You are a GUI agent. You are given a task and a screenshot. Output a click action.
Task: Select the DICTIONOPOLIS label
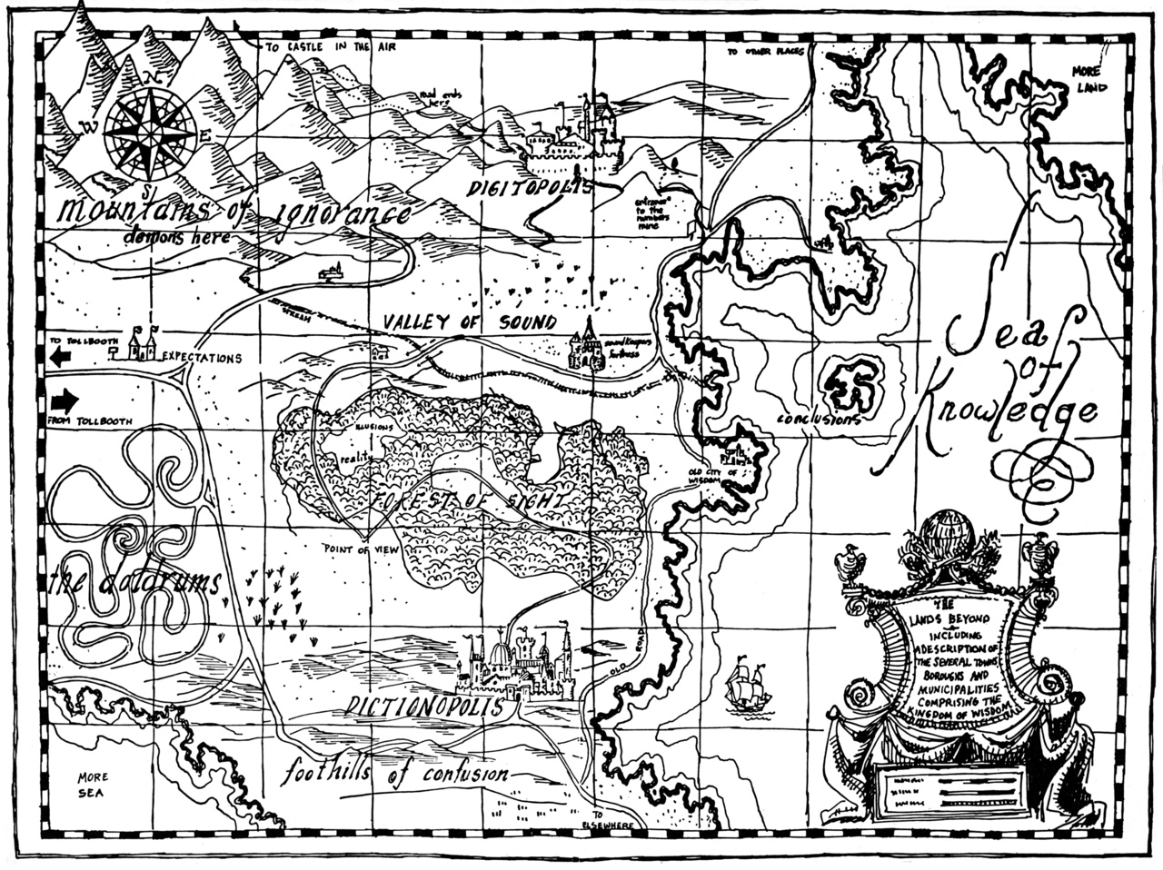point(425,707)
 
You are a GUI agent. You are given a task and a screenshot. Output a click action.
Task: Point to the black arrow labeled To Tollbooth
point(62,357)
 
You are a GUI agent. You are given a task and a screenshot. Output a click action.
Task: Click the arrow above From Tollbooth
point(65,400)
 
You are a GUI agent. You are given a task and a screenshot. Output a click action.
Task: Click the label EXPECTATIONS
point(202,358)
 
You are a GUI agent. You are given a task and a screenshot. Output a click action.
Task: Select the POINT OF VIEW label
point(360,549)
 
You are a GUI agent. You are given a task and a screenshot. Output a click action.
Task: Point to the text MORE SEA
point(93,784)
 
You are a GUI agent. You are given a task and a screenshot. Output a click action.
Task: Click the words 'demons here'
point(178,235)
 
